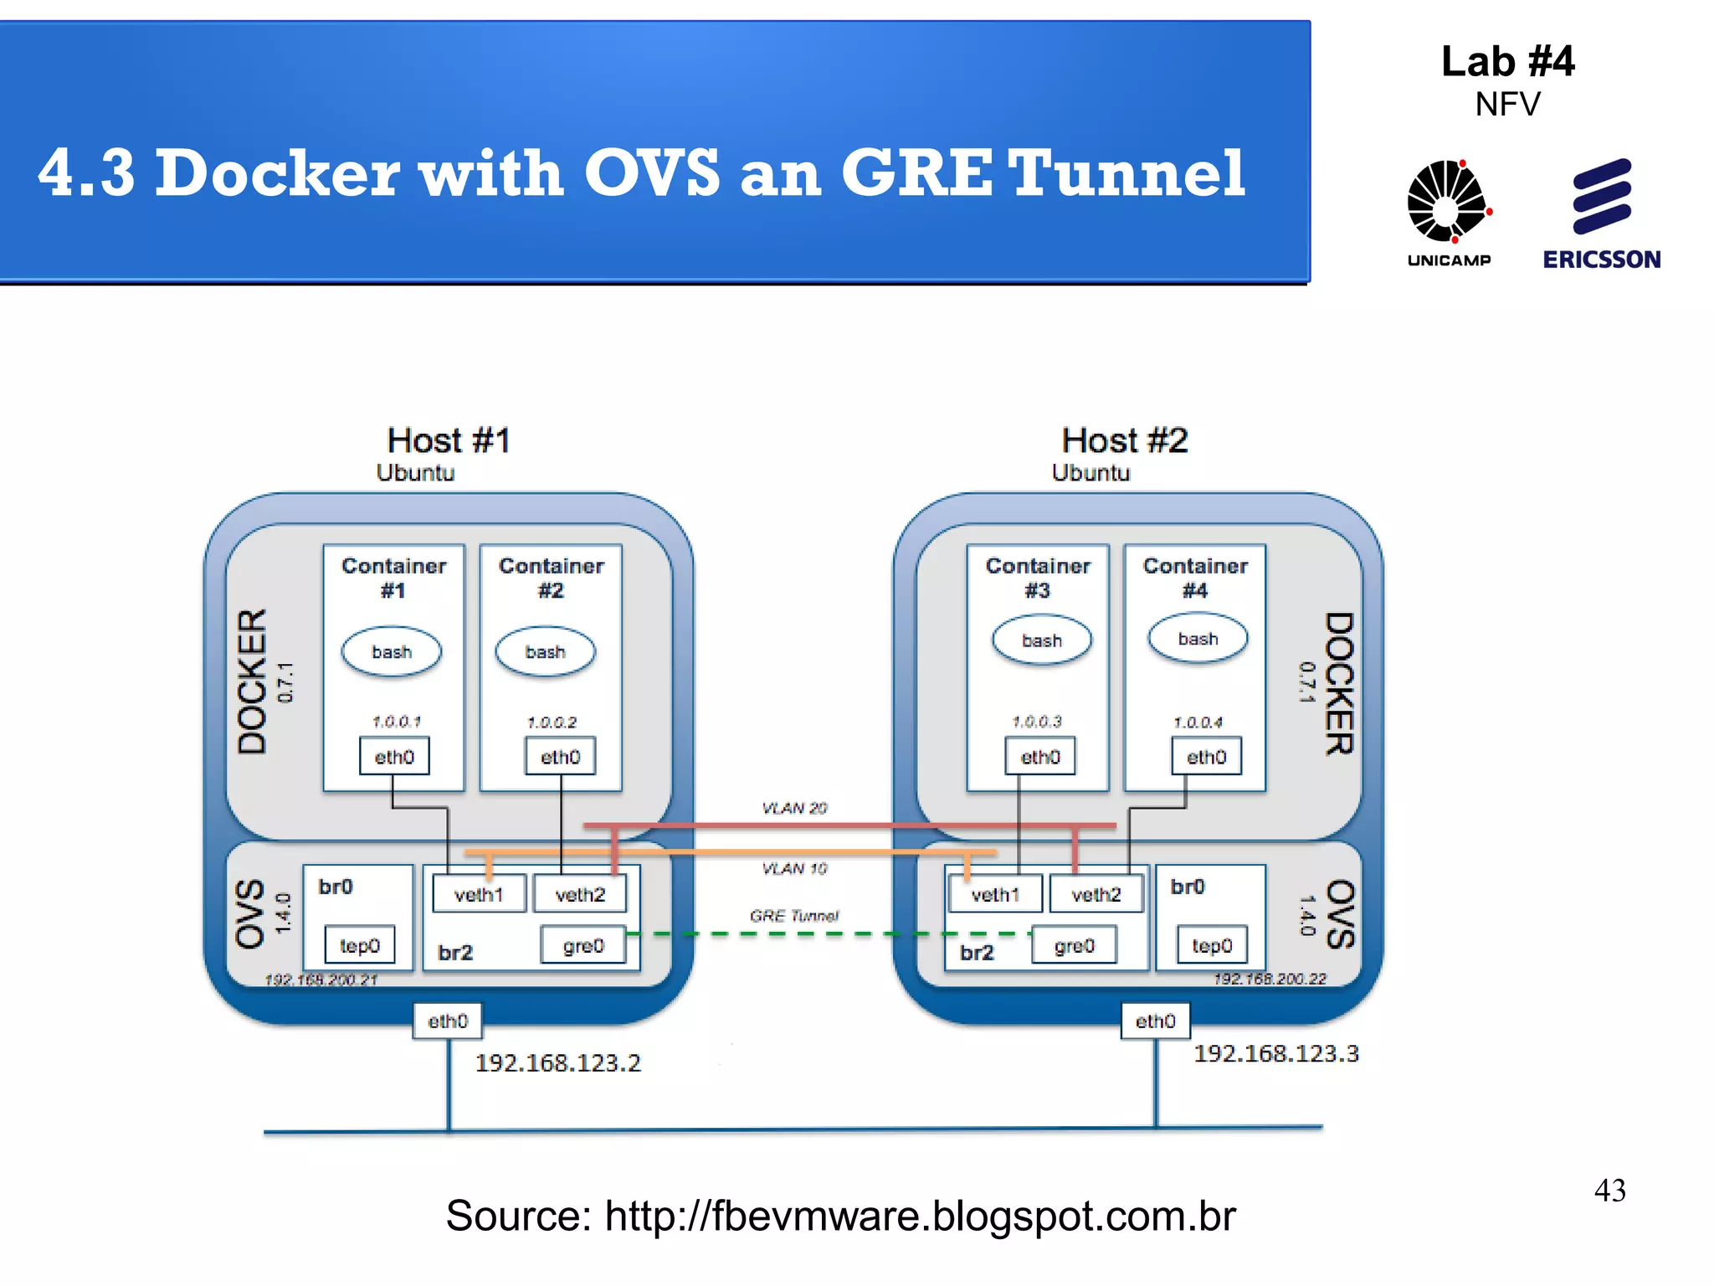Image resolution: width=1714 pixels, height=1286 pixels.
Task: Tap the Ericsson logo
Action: click(1601, 213)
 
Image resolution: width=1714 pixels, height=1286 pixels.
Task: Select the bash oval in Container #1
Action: click(391, 652)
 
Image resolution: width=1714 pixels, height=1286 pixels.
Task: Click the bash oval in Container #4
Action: click(1198, 639)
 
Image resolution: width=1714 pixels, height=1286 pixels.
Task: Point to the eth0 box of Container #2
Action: click(560, 757)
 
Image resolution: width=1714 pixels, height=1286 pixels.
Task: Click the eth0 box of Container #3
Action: click(1040, 757)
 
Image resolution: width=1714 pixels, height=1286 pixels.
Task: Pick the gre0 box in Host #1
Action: click(583, 945)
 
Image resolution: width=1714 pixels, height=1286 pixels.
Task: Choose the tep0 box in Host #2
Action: click(1211, 945)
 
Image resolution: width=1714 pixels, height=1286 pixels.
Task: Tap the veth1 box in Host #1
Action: click(479, 894)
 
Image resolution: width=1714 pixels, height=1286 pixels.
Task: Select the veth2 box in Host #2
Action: click(1096, 894)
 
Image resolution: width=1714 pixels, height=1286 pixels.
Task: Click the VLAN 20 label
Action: click(793, 808)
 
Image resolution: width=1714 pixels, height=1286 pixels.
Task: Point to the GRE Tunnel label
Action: click(793, 916)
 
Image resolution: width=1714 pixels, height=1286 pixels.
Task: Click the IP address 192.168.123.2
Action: click(557, 1063)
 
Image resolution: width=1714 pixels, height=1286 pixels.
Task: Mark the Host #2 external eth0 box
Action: click(1155, 1021)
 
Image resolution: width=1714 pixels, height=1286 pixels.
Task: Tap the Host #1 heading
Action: click(448, 440)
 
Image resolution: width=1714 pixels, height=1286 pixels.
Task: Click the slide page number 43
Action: click(1609, 1190)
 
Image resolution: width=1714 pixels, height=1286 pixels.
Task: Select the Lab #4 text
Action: click(1507, 62)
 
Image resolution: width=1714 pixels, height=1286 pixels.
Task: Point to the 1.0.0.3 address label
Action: click(1036, 721)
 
